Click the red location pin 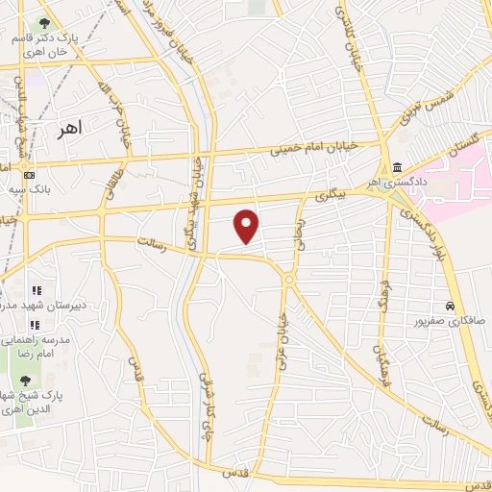point(248,225)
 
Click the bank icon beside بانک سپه point(29,175)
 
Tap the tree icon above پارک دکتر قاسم point(42,23)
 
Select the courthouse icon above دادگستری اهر point(396,166)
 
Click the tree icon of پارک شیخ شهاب point(25,381)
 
